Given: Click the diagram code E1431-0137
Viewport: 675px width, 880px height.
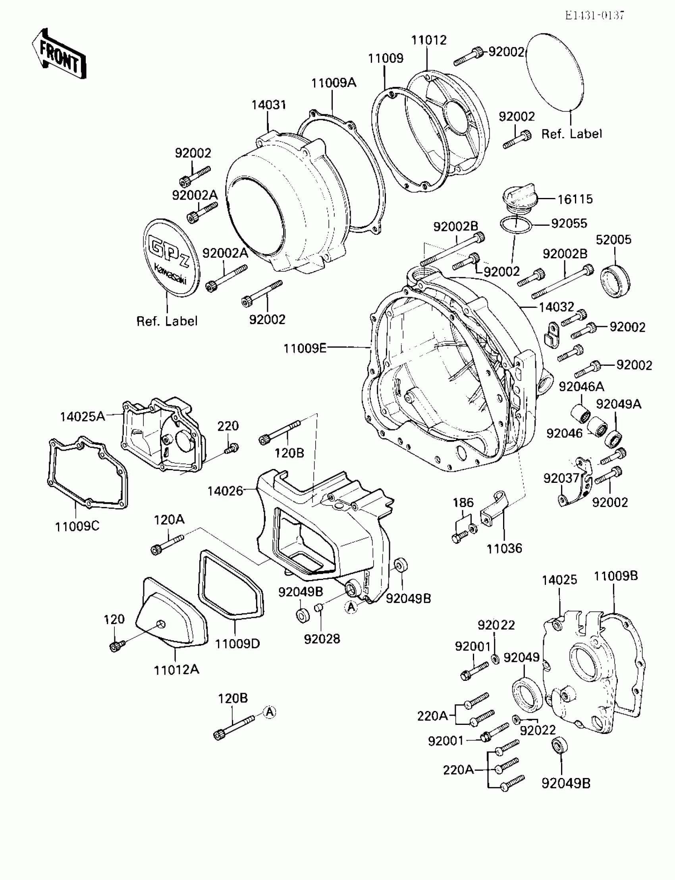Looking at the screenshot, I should coord(594,15).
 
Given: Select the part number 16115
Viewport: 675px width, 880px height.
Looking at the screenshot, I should coord(575,199).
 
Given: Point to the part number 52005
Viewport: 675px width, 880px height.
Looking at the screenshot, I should coord(613,240).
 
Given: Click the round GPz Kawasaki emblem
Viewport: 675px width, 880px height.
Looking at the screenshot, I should coord(171,258).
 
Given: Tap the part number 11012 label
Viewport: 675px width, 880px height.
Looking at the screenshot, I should coord(429,40).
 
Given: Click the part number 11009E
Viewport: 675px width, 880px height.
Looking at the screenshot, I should coord(305,348).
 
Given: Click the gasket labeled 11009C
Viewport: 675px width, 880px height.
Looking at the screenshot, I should coord(87,474).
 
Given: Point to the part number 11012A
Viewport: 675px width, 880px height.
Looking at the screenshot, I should coord(176,670).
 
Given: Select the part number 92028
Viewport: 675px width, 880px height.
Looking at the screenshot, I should coord(322,639).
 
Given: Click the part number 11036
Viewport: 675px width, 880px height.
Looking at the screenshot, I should coord(504,548).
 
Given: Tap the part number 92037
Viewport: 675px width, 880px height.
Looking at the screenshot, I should coord(561,478).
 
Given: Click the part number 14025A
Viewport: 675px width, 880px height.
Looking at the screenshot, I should coord(82,417).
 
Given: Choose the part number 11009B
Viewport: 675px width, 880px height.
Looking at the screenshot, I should coord(615,576).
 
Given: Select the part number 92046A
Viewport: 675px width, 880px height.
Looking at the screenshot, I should coord(581,386).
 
